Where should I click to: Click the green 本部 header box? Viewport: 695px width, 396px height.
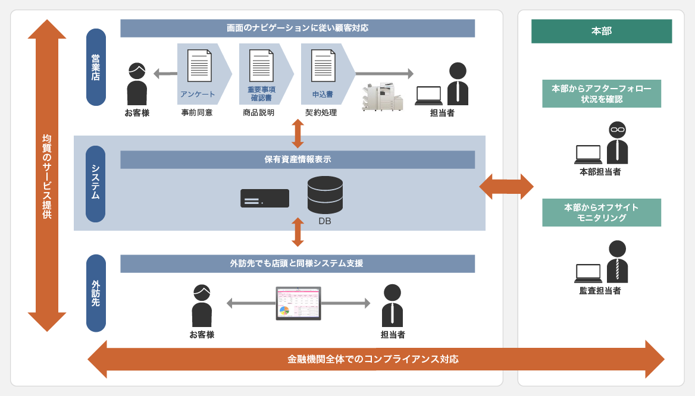click(x=601, y=31)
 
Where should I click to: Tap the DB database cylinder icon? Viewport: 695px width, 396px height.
click(x=325, y=195)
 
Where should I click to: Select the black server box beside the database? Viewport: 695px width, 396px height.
click(x=265, y=198)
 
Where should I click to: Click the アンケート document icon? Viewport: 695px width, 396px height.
click(x=199, y=65)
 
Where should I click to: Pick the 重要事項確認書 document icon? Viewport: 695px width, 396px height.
click(x=261, y=65)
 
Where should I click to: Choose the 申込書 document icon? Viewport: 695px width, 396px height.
click(x=323, y=65)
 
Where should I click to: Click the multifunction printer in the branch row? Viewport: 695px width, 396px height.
click(x=382, y=97)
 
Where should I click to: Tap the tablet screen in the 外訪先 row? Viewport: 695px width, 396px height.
click(x=298, y=303)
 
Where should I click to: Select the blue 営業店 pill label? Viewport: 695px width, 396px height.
click(x=96, y=67)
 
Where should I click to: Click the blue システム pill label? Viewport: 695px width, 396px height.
click(x=96, y=184)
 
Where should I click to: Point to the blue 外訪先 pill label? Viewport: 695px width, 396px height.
click(x=96, y=293)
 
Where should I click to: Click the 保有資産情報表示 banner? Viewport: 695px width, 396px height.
click(x=298, y=159)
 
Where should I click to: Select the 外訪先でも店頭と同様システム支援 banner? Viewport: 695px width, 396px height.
click(x=298, y=263)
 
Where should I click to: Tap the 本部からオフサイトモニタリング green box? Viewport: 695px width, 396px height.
click(x=601, y=212)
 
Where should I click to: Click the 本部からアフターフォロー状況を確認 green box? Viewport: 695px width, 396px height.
click(x=601, y=93)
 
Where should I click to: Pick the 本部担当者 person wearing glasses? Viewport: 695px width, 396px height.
click(x=617, y=143)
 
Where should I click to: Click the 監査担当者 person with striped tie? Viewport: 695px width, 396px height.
click(x=617, y=262)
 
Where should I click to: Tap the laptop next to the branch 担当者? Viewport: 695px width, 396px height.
click(x=428, y=95)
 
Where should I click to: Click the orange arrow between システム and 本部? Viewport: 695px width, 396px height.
click(x=506, y=187)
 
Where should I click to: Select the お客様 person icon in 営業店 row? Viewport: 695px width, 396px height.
click(x=137, y=84)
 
